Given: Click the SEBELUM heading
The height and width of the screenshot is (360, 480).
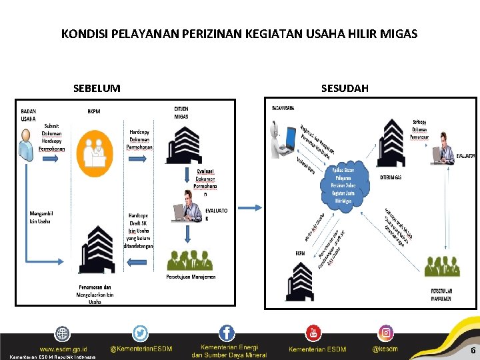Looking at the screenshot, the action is (97, 88).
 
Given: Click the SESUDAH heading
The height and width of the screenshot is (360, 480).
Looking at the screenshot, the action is (345, 88).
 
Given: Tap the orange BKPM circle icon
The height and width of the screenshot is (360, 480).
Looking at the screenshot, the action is (95, 149).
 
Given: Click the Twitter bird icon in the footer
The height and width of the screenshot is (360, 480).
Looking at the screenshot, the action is (140, 333).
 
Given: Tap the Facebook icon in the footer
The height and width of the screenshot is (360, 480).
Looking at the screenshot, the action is (227, 333).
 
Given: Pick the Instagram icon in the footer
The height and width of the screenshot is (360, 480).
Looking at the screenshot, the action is (386, 333).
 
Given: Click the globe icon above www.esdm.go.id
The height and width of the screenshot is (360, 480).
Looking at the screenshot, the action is (63, 333).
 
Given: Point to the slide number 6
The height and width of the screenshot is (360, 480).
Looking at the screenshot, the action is (473, 351).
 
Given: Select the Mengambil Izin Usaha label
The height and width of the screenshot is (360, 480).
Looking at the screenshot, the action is (42, 217).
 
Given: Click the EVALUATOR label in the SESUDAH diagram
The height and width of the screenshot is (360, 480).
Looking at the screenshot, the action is (465, 155).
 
